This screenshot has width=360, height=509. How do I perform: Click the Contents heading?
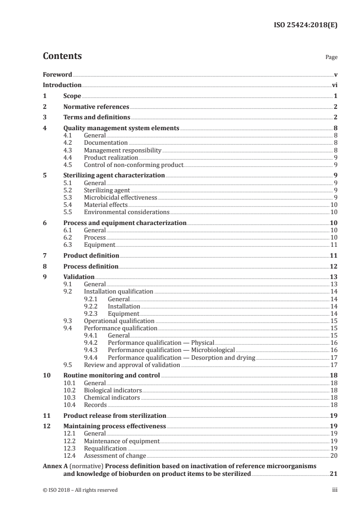point(62,56)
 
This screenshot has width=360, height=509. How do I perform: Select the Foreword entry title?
point(57,74)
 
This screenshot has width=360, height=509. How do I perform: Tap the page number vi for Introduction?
point(334,85)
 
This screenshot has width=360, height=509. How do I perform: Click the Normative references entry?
point(96,107)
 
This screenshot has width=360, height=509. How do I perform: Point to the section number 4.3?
point(68,150)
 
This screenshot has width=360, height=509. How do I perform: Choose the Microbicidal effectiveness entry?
point(120,198)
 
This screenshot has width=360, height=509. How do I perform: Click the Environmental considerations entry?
point(127,212)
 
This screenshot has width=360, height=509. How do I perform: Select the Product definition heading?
point(91,255)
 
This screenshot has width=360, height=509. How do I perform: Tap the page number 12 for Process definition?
point(333,266)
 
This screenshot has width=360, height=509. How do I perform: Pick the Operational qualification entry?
point(119,321)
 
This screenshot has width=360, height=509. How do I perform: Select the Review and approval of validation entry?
point(132,365)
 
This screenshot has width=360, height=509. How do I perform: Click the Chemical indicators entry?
point(112,397)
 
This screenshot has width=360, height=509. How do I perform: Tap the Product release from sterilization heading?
point(115,416)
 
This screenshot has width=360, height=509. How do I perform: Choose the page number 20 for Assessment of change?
point(333,455)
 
